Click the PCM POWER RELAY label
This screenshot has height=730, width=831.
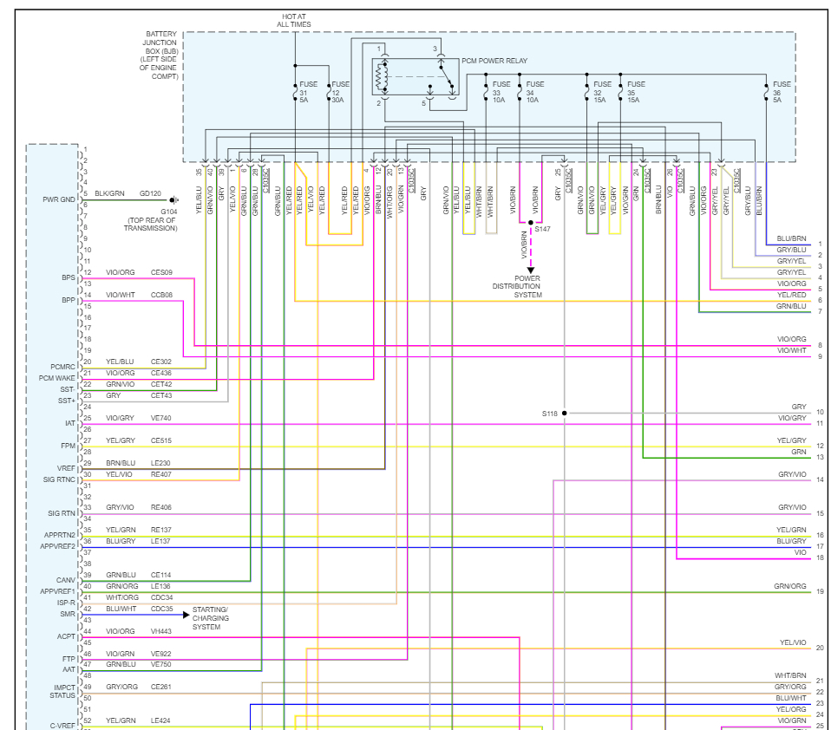[x=494, y=61]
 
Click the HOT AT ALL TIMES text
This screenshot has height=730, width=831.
[x=294, y=20]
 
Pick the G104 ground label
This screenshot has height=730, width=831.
[x=168, y=211]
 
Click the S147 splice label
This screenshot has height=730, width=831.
[x=542, y=229]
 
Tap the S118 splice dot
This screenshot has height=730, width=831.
[x=564, y=414]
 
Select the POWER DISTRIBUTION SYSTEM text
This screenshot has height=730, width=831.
[x=516, y=286]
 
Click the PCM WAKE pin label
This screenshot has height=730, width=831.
[x=58, y=378]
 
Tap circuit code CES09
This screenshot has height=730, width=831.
[x=161, y=272]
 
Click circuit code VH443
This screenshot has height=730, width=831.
[x=161, y=631]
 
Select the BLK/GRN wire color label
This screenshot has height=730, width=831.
[x=109, y=193]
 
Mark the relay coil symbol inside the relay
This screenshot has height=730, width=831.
[x=379, y=76]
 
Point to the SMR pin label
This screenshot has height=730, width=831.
[x=68, y=614]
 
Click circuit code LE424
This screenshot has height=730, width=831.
[x=161, y=720]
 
